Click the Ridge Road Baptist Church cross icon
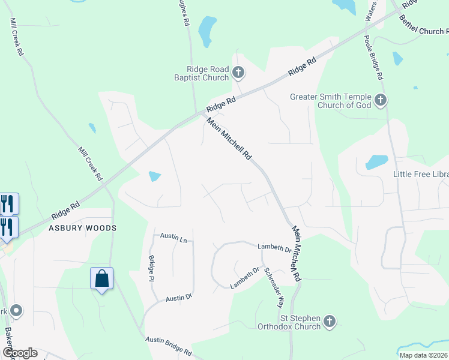click(x=238, y=73)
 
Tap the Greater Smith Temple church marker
click(x=381, y=101)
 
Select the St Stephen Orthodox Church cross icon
click(x=329, y=322)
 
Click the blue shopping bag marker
click(x=101, y=278)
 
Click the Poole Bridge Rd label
click(x=373, y=57)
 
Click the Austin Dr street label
click(x=178, y=298)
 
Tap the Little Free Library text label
click(x=420, y=174)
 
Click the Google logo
click(x=20, y=353)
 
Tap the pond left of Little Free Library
click(x=376, y=161)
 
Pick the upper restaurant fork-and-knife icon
click(x=7, y=203)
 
